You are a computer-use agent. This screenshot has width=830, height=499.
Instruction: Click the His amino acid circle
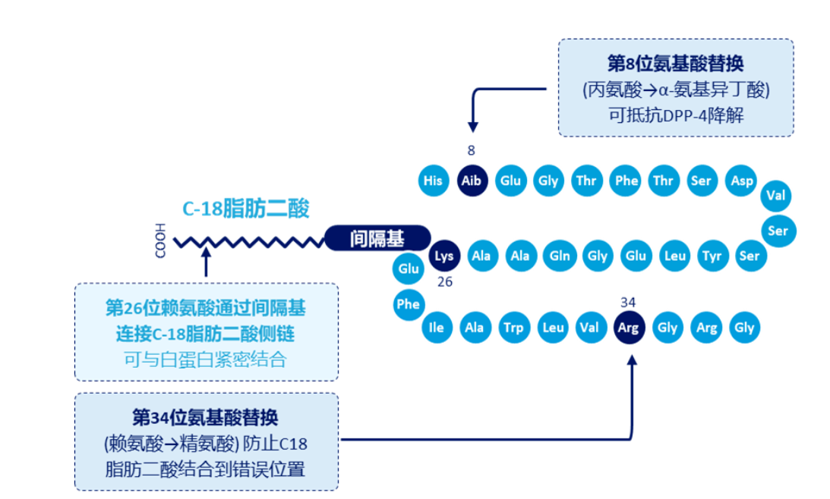pos(433,180)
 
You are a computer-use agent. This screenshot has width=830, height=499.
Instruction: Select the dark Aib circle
pos(472,180)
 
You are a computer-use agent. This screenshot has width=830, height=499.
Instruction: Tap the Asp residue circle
pos(741,180)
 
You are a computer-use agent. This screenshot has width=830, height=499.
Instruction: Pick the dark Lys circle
pos(444,256)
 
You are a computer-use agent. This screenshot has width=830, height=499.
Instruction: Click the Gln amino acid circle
pos(560,256)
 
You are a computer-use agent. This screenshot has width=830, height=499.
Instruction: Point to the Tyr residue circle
pos(712,256)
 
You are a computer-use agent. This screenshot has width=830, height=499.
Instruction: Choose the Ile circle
pos(436,328)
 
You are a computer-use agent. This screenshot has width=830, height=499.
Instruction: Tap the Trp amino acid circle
pos(513,328)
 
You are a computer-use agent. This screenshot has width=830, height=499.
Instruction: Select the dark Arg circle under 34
pos(628,328)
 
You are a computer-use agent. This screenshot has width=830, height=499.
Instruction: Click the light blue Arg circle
pos(706,328)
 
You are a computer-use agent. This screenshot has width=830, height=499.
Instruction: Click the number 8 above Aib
pos(472,150)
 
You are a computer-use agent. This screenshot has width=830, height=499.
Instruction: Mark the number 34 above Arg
pos(628,302)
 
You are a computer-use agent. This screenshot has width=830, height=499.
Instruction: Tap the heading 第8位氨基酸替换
pos(676,64)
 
